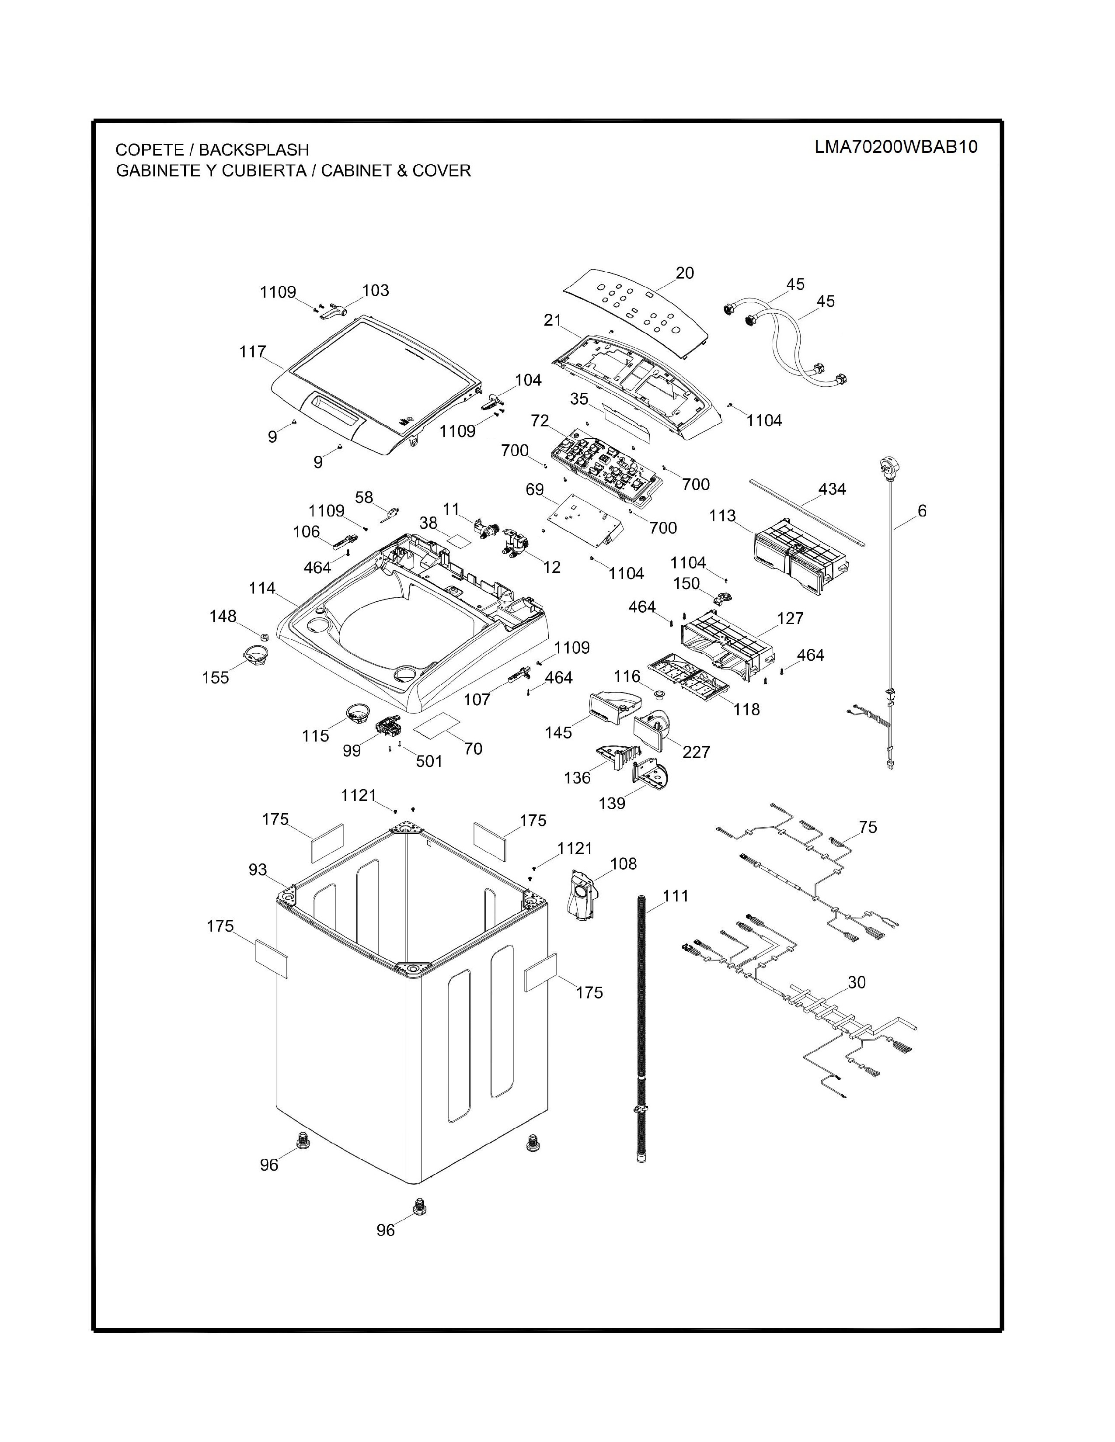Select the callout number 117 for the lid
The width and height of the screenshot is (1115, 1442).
(x=252, y=352)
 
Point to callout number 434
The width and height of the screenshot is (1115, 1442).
(x=832, y=489)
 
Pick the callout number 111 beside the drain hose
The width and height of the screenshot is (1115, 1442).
(x=676, y=896)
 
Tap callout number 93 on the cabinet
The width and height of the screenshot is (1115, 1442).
(x=258, y=870)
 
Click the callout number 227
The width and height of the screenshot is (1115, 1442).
(x=696, y=752)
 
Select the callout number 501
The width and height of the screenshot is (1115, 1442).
(x=429, y=761)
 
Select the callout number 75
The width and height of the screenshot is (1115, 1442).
(x=868, y=827)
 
